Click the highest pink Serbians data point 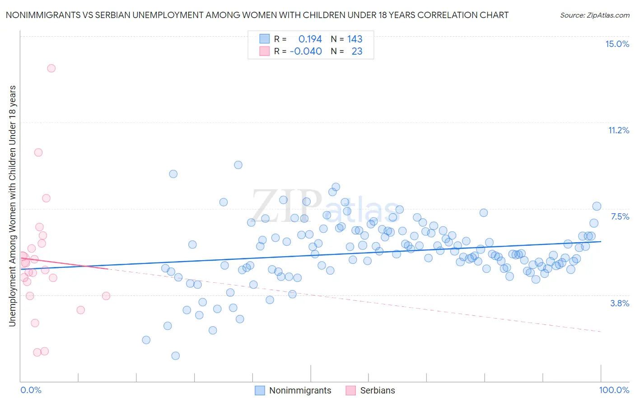click(51, 68)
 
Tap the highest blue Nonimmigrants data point click(238, 165)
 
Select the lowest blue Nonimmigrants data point click(176, 356)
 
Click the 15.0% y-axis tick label click(617, 44)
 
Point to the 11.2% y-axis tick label click(618, 130)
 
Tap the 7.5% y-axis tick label click(620, 216)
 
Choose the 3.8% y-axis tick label click(620, 303)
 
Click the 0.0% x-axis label click(31, 390)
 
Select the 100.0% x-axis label click(614, 390)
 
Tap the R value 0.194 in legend click(310, 39)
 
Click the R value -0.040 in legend click(306, 51)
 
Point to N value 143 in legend click(355, 39)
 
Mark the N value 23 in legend click(357, 51)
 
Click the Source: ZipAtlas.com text click(594, 15)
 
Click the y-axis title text click(12, 206)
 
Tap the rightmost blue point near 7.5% click(597, 206)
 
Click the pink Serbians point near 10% click(38, 152)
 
